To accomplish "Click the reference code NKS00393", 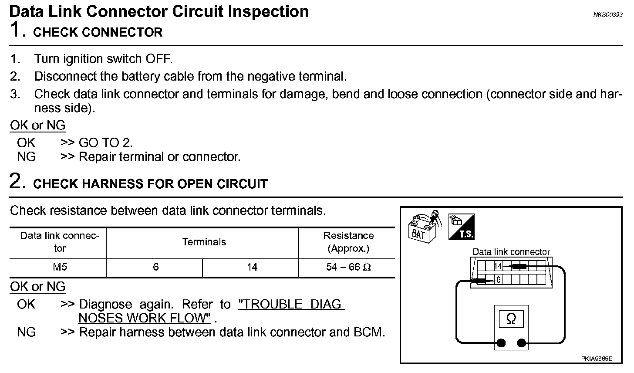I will point(607,14).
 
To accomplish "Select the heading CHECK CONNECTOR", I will point(98,33).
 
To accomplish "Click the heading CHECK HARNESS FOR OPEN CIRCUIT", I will point(150,184).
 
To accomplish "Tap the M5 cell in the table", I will point(60,267).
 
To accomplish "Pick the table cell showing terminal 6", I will point(155,267).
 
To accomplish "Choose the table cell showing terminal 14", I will point(252,267).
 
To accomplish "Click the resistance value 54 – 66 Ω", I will point(348,267).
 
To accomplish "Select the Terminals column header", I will point(204,242).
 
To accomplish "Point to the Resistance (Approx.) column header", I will point(348,242).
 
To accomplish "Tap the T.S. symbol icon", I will point(462,227).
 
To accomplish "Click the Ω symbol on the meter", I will point(511,319).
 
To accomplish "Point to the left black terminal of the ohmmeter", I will point(501,343).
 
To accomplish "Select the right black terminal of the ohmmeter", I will point(521,343).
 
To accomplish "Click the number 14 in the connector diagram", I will point(498,266).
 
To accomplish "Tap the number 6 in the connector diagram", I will point(499,280).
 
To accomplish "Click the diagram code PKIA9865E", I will point(596,359).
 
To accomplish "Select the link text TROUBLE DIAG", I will point(291,304).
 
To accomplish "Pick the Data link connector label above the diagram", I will point(511,252).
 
